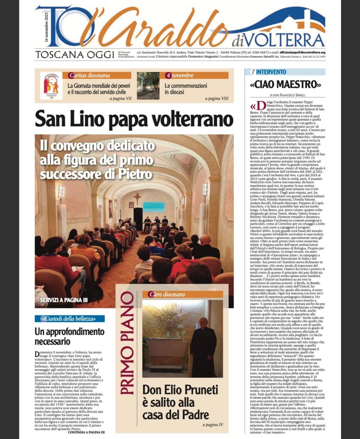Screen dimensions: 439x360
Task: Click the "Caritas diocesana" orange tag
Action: (x=88, y=75)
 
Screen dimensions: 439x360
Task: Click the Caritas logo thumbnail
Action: (x=51, y=84)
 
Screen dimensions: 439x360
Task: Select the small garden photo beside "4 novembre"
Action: (x=148, y=85)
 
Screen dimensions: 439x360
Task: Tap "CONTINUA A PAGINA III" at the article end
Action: (x=86, y=432)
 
